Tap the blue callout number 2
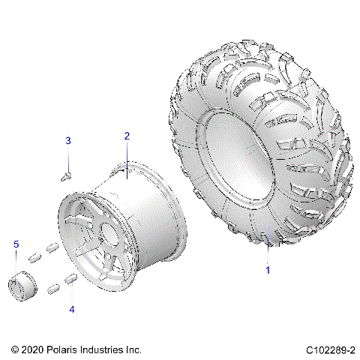pyautogui.click(x=127, y=136)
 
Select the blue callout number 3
pyautogui.click(x=67, y=141)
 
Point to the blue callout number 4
pyautogui.click(x=72, y=308)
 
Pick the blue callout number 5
pyautogui.click(x=14, y=244)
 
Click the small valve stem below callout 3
pyautogui.click(x=66, y=175)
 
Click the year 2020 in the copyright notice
pyautogui.click(x=31, y=350)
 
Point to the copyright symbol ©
pyautogui.click(x=15, y=350)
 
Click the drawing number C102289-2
pyautogui.click(x=331, y=350)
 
